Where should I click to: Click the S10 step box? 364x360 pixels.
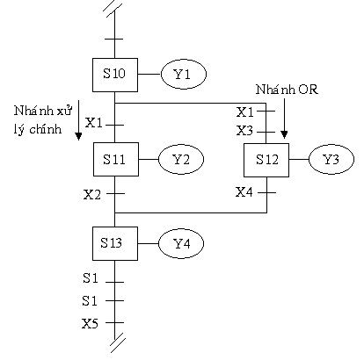pos(114,75)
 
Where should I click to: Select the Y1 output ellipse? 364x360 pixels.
pos(182,76)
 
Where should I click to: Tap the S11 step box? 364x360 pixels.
pos(114,159)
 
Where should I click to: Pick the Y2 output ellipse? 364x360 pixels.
pos(180,159)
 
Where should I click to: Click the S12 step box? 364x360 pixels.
pos(266,159)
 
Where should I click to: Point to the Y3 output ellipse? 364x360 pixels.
pos(331,159)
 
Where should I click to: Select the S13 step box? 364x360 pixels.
pos(114,242)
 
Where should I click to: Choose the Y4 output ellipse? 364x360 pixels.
pos(181,243)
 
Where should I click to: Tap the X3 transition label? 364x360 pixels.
pos(246,130)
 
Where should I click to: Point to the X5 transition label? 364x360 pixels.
pos(91,323)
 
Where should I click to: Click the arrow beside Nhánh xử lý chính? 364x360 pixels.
pos(78,119)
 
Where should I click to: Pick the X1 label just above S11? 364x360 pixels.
pos(94,122)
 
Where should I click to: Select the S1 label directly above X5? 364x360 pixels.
pos(91,300)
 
